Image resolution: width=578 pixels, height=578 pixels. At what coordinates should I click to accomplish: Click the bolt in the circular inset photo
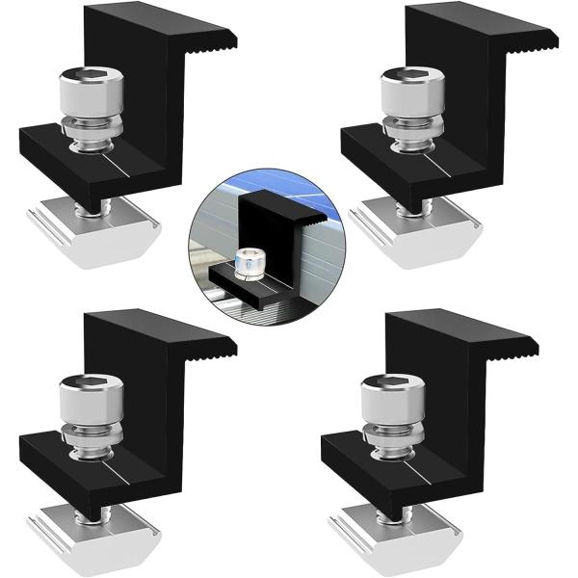(248, 259)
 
